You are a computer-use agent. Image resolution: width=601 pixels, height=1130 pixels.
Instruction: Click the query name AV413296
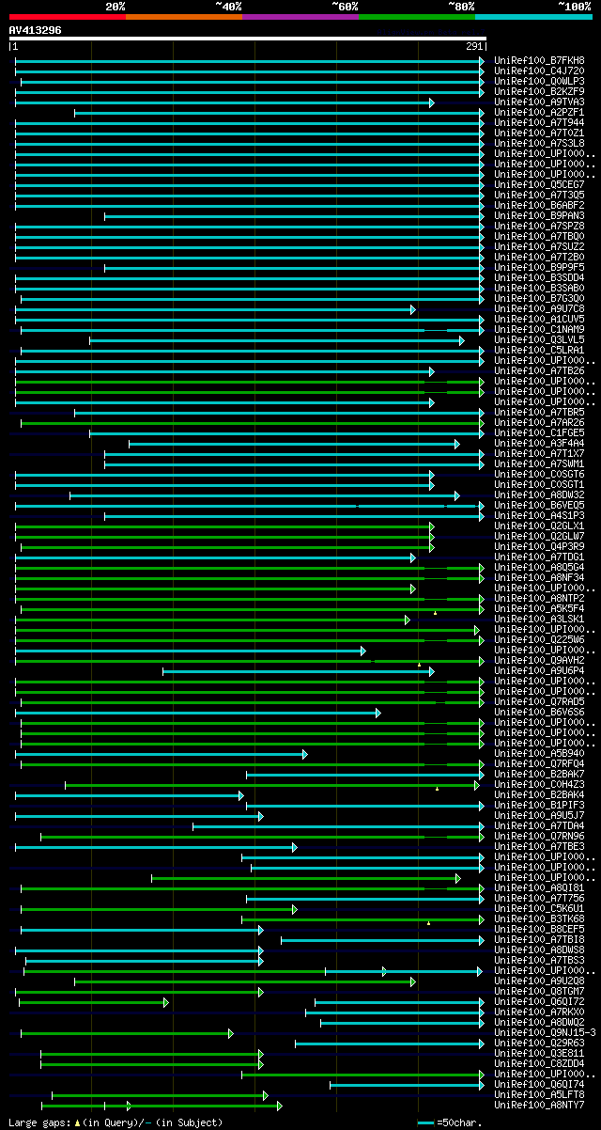click(x=35, y=30)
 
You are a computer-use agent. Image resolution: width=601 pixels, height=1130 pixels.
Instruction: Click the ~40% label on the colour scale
click(x=228, y=6)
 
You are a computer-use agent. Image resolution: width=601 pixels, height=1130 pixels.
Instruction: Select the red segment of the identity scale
click(x=67, y=16)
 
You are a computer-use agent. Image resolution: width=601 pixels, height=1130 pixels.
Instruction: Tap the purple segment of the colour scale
click(x=300, y=16)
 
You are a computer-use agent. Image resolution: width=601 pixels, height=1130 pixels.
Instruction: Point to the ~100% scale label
click(x=574, y=6)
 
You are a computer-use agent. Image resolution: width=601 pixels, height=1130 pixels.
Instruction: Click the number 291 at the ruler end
click(x=474, y=46)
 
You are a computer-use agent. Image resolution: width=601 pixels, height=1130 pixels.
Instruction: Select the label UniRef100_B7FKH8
click(x=539, y=60)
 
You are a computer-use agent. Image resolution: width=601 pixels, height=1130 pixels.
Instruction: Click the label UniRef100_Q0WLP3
click(x=539, y=81)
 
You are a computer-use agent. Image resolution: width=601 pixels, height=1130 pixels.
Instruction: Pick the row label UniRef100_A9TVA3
click(x=539, y=102)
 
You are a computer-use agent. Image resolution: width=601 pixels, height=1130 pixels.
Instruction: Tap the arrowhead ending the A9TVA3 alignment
click(x=431, y=102)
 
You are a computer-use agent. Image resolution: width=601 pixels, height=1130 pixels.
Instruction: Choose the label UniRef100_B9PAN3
click(x=539, y=215)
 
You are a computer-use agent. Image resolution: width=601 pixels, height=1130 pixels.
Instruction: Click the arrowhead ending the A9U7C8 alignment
click(x=412, y=308)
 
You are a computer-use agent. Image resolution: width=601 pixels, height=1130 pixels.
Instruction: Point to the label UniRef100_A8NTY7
click(x=539, y=1105)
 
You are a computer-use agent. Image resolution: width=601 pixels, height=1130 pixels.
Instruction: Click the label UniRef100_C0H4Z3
click(x=539, y=784)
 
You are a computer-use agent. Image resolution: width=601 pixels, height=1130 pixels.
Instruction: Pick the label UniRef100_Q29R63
click(x=539, y=1043)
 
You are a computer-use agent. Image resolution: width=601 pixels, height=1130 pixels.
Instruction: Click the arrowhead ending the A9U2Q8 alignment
click(x=412, y=981)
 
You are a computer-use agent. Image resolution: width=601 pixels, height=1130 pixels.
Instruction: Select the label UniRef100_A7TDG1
click(x=539, y=557)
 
